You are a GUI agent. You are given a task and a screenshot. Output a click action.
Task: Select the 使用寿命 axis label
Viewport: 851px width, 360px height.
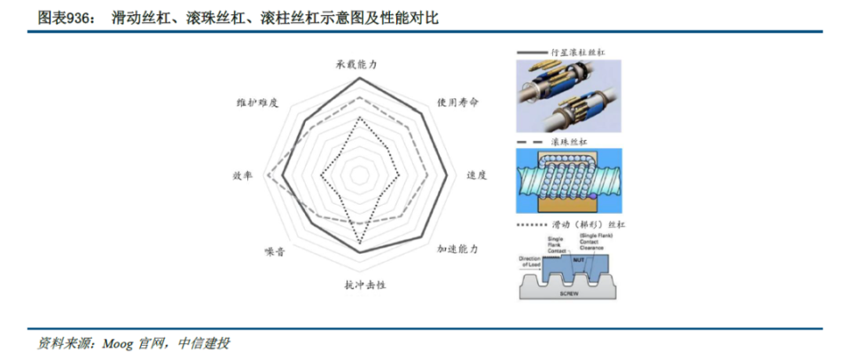(x=458, y=102)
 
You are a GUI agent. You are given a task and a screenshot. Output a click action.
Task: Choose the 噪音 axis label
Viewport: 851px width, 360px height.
(x=274, y=252)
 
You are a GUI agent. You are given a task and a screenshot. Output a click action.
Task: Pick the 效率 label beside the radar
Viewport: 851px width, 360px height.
(x=243, y=176)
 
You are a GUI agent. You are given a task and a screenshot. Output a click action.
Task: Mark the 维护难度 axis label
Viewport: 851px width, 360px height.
(x=258, y=102)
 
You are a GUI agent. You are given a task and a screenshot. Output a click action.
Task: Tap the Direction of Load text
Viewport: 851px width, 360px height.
(x=530, y=262)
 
